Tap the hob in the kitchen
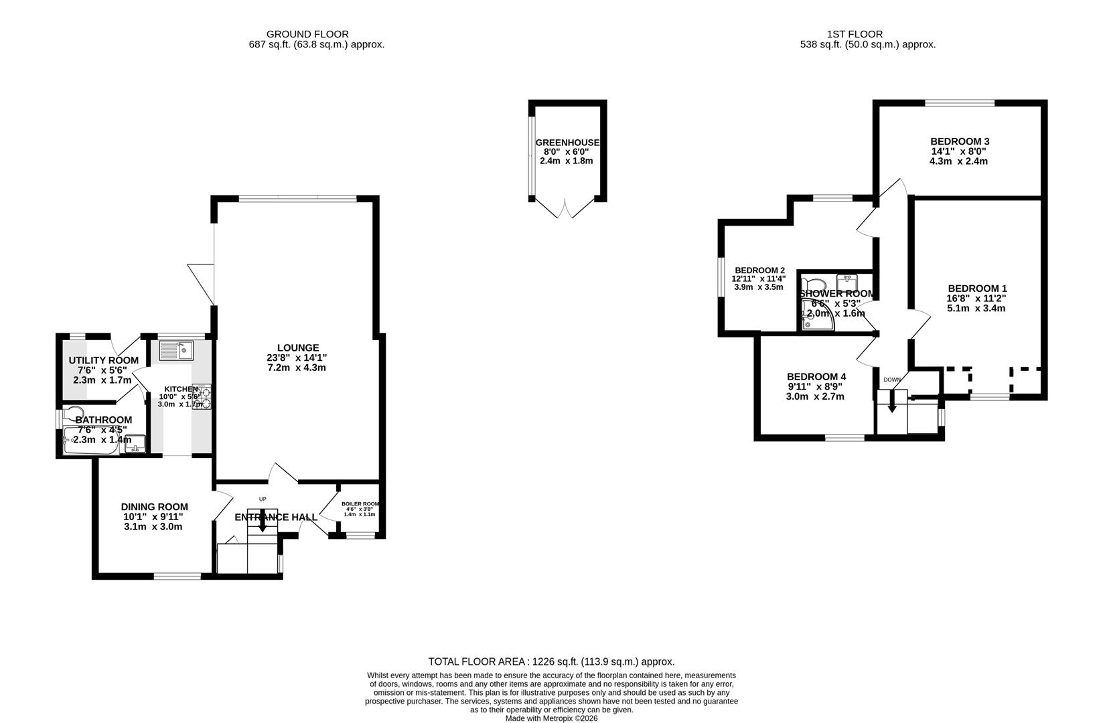pyautogui.click(x=202, y=396)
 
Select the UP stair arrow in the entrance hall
pyautogui.click(x=263, y=521)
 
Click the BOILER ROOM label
pyautogui.click(x=360, y=503)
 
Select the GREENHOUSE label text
pyautogui.click(x=567, y=143)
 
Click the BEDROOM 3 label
pyautogui.click(x=959, y=141)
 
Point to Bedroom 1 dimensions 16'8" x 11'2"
pyautogui.click(x=976, y=299)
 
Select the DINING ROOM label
pyautogui.click(x=154, y=507)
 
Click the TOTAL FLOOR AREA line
pyautogui.click(x=551, y=661)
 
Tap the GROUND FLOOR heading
pyautogui.click(x=307, y=34)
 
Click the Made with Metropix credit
pyautogui.click(x=551, y=718)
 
